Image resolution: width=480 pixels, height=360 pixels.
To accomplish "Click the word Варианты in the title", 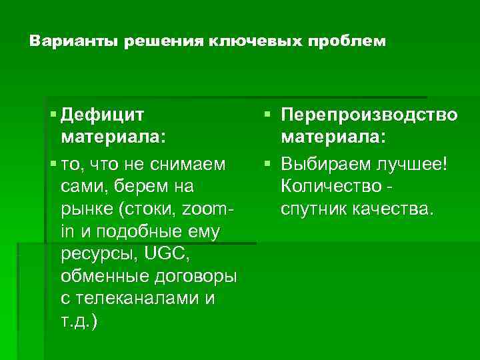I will [64, 42].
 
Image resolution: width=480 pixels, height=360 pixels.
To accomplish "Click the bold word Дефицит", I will [102, 115].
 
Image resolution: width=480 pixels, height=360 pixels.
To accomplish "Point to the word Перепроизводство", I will [369, 115].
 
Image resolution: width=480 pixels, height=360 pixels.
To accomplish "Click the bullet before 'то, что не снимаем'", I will [53, 163].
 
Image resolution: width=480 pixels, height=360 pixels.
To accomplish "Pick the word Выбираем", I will [318, 163].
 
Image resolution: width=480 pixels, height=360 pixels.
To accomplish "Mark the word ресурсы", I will [94, 255].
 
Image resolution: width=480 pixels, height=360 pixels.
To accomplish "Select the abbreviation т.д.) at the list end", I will [78, 322].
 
